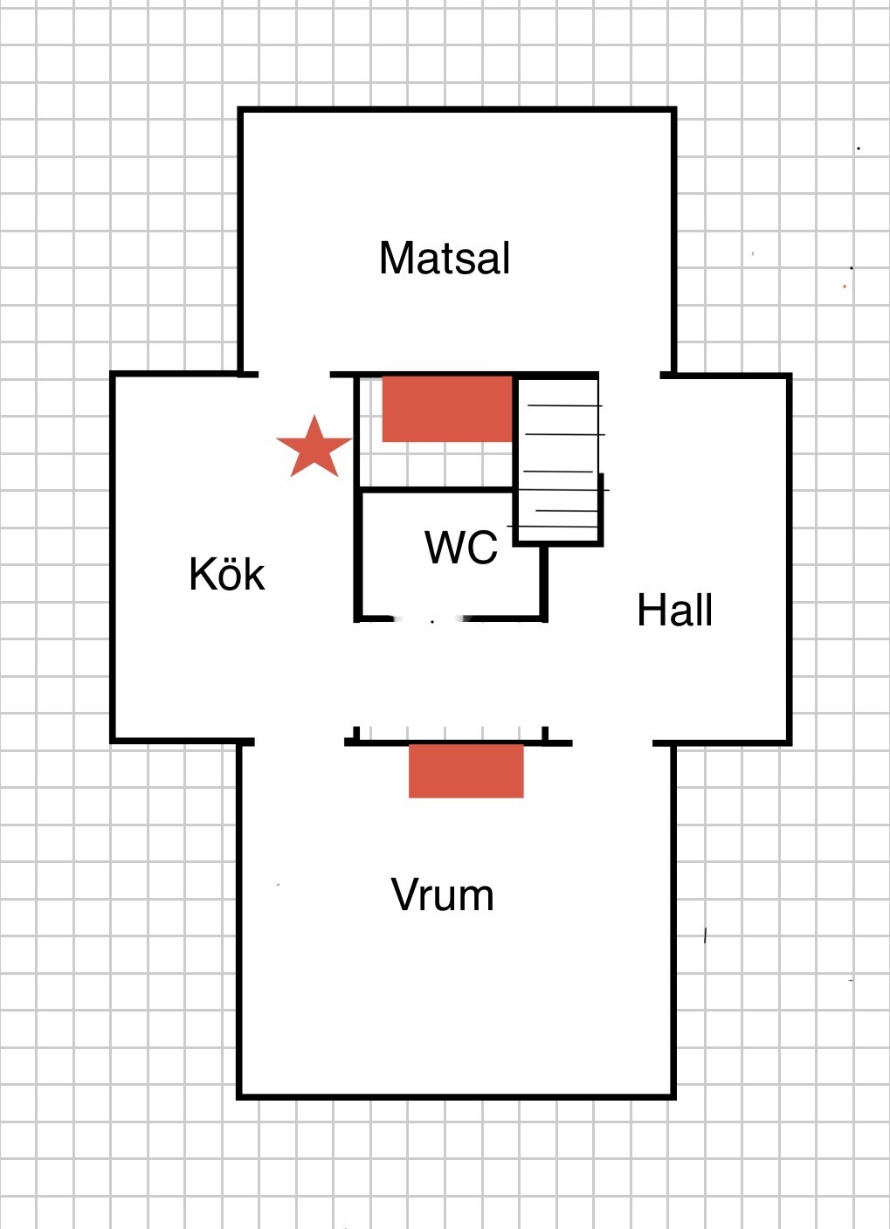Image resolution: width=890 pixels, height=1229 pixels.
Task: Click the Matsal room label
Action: (x=445, y=258)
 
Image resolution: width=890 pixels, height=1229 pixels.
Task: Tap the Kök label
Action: (x=226, y=574)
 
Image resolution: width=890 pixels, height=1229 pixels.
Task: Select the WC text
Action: (x=461, y=547)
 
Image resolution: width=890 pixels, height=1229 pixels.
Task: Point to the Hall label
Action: (x=674, y=609)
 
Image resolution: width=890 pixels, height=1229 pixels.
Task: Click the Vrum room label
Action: (x=442, y=894)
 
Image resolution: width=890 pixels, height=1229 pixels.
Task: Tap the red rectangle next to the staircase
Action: (x=447, y=409)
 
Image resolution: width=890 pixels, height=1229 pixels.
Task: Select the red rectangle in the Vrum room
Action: (x=466, y=771)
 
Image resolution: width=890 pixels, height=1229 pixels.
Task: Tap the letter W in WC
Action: (x=444, y=547)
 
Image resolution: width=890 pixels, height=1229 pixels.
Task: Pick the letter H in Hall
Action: (x=649, y=610)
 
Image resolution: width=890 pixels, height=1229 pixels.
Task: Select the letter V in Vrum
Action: (x=404, y=894)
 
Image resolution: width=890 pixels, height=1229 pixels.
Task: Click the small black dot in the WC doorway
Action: (x=432, y=622)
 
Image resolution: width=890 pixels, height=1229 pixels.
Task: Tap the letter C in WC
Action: (x=482, y=547)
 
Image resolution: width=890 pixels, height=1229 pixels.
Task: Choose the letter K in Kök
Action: (x=203, y=575)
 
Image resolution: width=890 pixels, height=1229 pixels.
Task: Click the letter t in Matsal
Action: (x=444, y=260)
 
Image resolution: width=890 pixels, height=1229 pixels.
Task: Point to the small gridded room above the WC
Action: (x=436, y=432)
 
